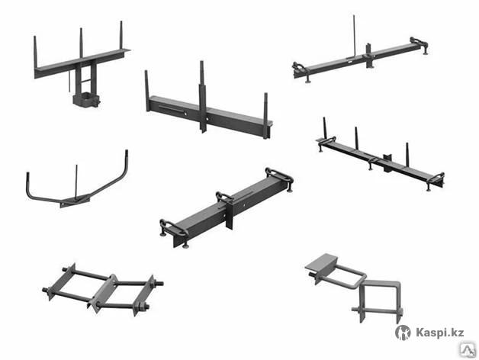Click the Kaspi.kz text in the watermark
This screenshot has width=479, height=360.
point(440,333)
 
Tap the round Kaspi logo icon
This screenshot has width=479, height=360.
point(403,333)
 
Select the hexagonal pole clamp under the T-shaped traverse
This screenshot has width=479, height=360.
point(86,100)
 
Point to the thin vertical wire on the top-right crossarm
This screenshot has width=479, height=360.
point(355,35)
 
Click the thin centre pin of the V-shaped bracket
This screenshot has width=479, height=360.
point(76,182)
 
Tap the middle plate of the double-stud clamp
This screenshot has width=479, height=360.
point(103,293)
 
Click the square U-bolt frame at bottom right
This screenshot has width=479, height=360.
point(380,301)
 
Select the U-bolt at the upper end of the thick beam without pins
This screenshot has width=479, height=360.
point(279,177)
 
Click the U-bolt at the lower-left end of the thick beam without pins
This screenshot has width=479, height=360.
point(173,230)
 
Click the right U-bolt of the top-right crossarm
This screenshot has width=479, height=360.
point(419,44)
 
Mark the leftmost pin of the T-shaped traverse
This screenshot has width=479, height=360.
point(35,52)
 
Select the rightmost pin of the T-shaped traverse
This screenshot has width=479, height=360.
point(121,35)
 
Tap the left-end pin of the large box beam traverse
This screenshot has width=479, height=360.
point(147,91)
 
